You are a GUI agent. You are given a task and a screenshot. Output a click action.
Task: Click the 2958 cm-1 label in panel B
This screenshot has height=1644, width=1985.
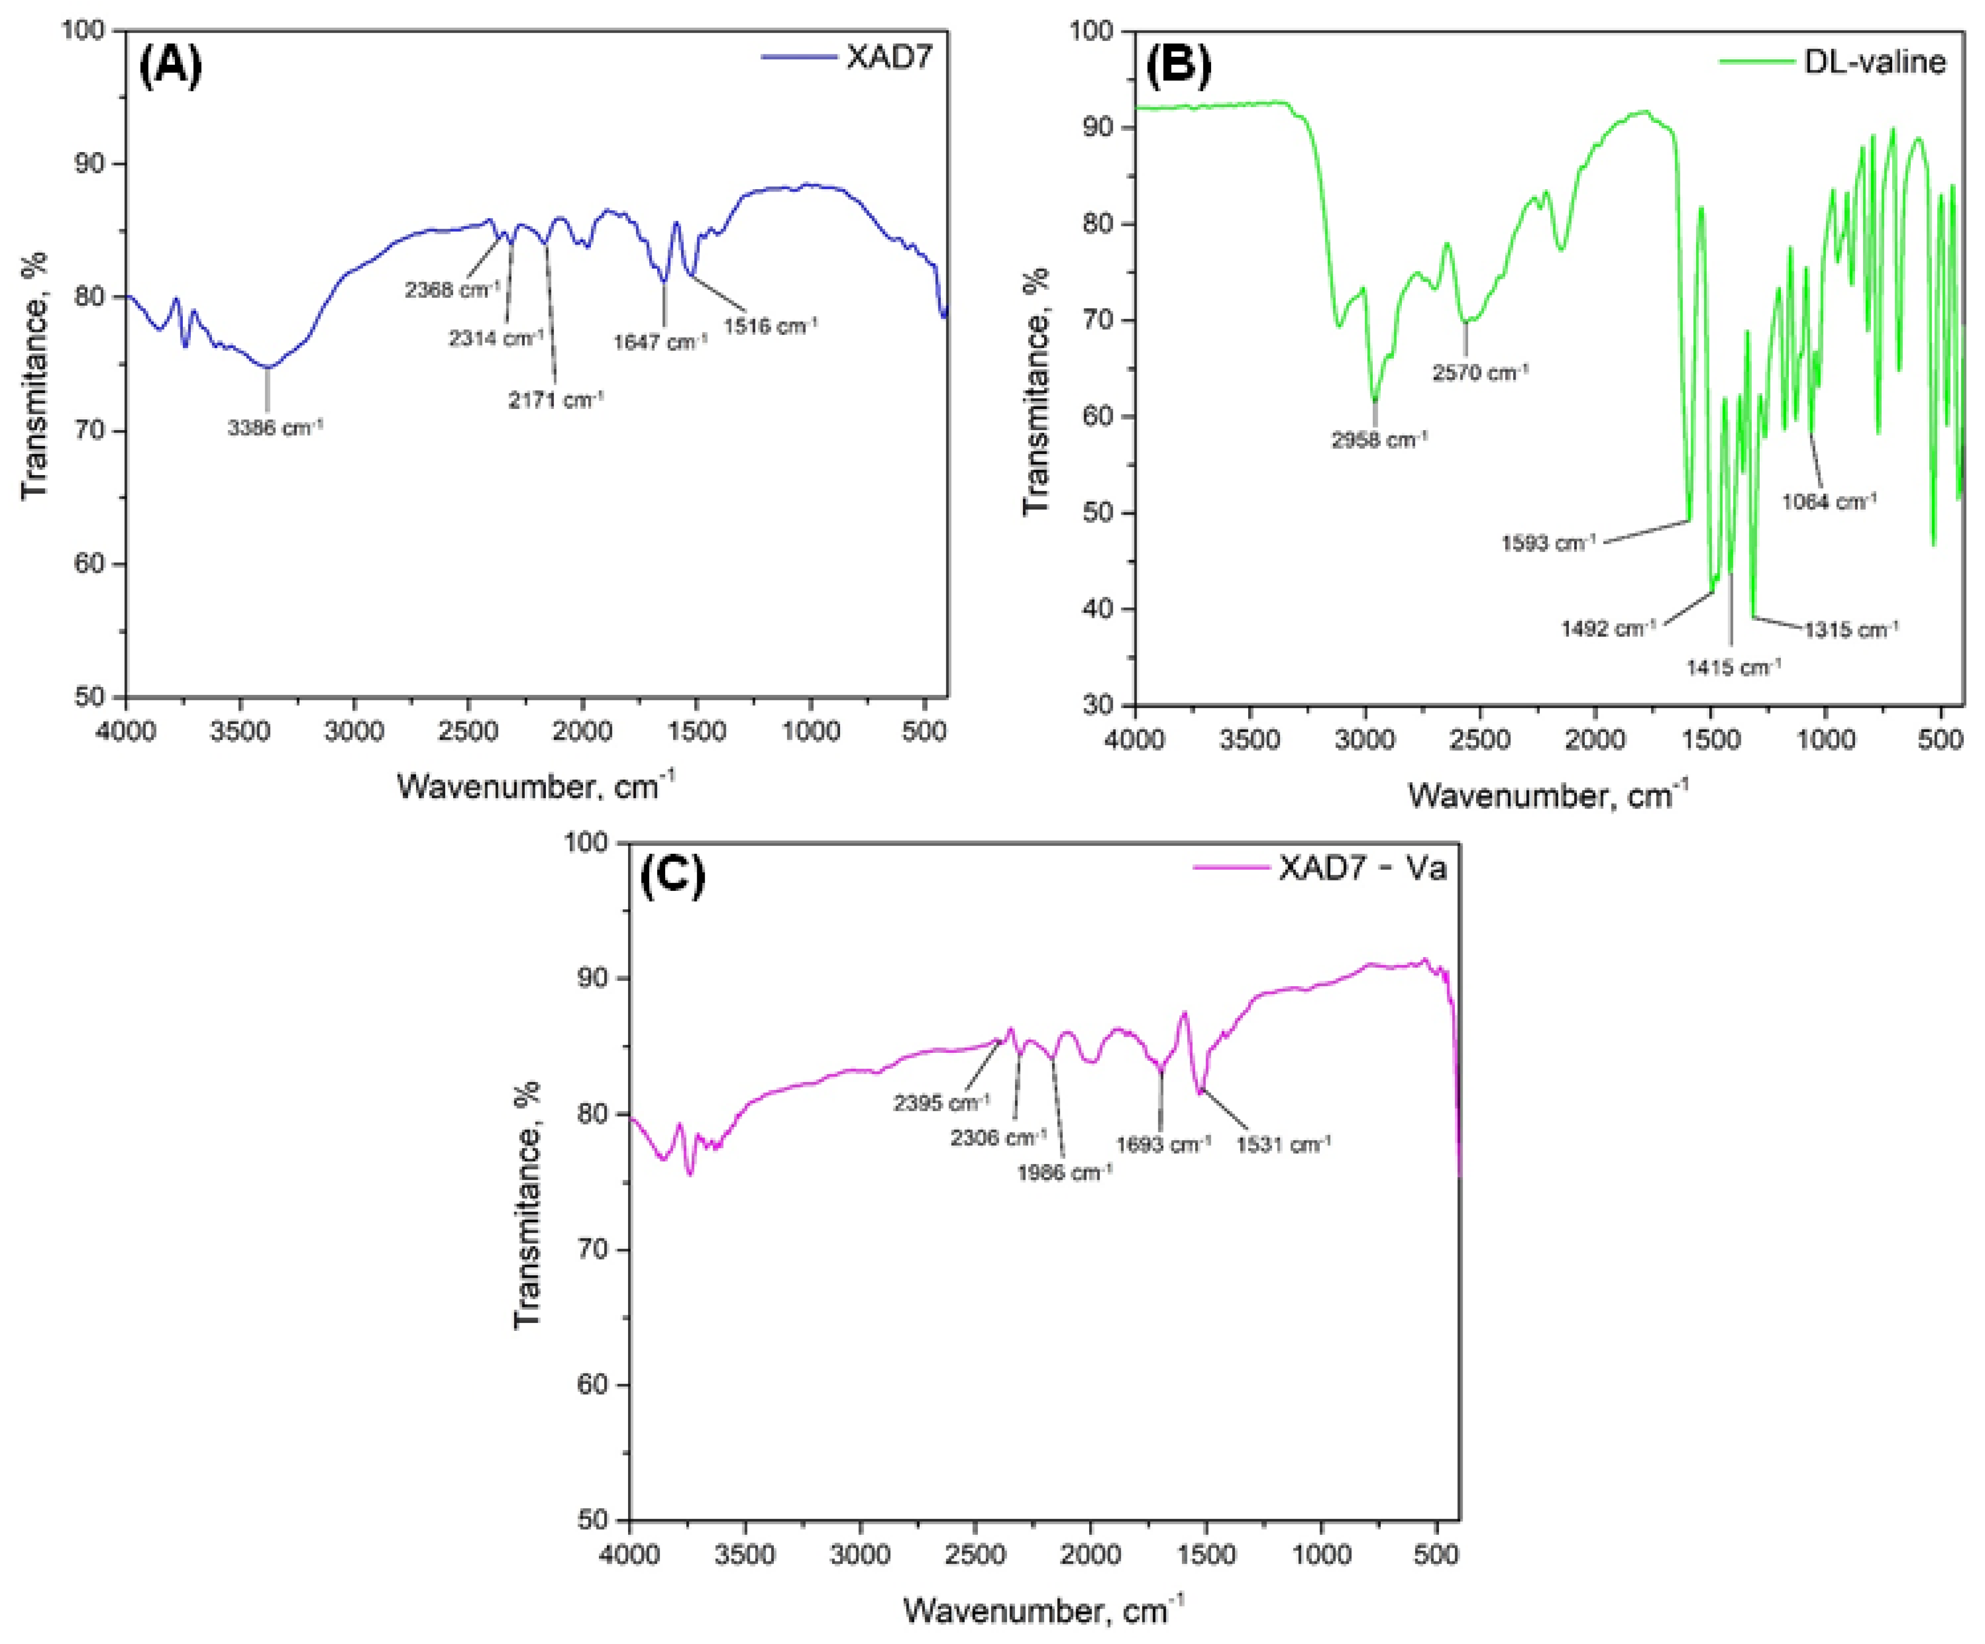[x=1379, y=440]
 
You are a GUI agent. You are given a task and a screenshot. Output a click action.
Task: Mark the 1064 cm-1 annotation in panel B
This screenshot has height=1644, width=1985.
[x=1829, y=502]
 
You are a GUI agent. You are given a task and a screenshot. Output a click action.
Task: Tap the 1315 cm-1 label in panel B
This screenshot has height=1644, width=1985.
[x=1851, y=629]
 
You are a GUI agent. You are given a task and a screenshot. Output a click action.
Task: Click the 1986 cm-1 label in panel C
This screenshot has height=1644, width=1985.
[x=1064, y=1173]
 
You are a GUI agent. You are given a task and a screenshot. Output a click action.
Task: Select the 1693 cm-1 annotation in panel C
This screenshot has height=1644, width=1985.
[x=1163, y=1145]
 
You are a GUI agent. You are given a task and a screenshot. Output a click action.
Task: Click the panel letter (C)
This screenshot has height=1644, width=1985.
[x=673, y=878]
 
